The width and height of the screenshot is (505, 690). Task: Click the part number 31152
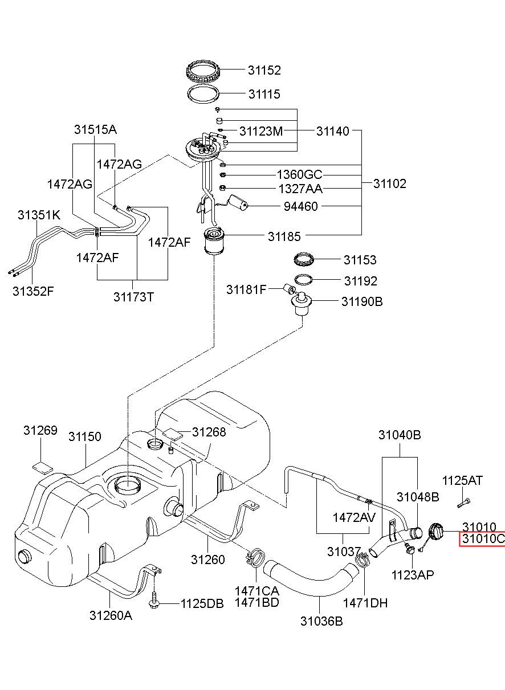click(264, 70)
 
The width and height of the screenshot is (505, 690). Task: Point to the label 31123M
click(261, 131)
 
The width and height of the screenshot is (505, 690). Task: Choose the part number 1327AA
click(300, 189)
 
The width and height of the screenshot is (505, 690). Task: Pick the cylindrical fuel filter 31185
click(214, 241)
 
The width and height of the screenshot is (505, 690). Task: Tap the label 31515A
click(95, 130)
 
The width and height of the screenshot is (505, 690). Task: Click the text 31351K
click(39, 215)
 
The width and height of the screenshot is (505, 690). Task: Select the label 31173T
click(133, 297)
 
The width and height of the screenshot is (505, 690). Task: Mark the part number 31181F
click(246, 289)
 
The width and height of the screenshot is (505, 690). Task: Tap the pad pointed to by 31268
click(173, 434)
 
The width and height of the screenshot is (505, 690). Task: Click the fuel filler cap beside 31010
click(435, 532)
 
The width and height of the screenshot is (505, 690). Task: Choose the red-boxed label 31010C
click(483, 539)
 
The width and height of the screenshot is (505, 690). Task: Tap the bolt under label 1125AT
click(463, 504)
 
